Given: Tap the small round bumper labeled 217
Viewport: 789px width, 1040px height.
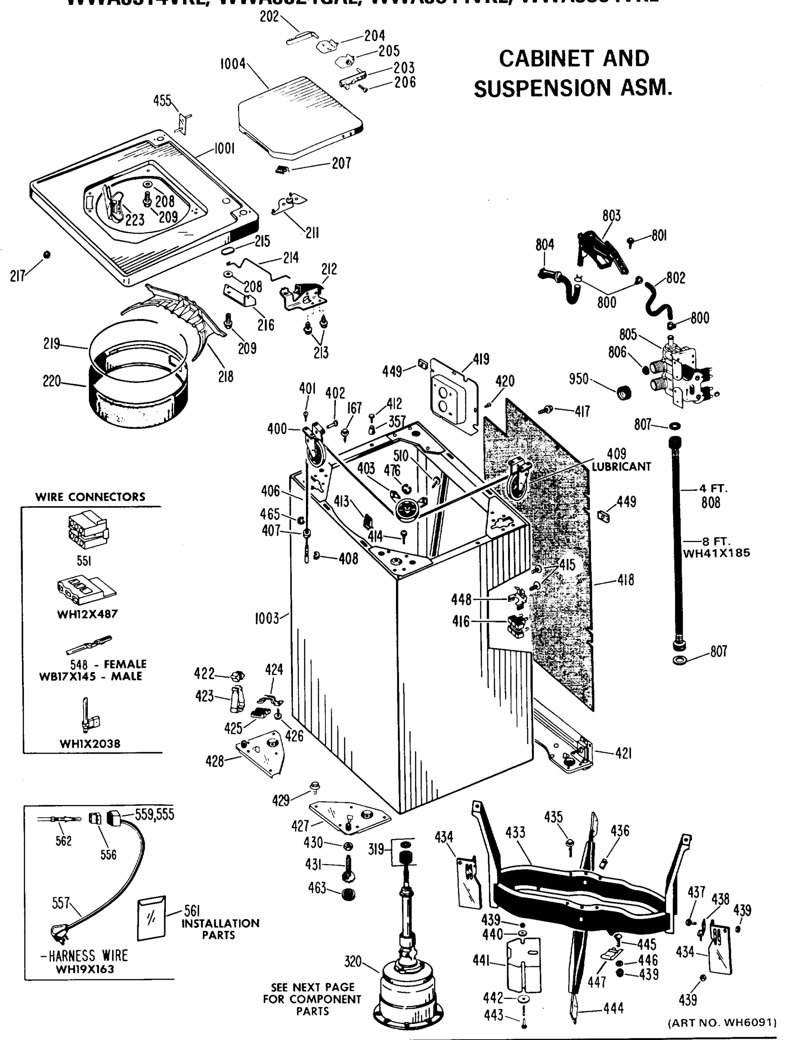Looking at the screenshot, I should click(x=46, y=254).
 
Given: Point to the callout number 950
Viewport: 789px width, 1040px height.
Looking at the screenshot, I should click(x=578, y=378).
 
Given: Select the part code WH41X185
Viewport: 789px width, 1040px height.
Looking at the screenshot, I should click(x=716, y=553).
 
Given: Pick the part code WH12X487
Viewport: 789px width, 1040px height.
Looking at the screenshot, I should click(x=88, y=614).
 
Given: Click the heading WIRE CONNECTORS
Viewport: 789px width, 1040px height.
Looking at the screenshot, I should click(x=90, y=497).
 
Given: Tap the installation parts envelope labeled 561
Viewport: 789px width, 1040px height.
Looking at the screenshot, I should click(x=151, y=917).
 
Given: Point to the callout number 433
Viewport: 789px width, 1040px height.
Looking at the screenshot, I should click(x=515, y=833).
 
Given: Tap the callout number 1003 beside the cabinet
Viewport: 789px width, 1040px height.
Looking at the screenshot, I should click(x=266, y=618).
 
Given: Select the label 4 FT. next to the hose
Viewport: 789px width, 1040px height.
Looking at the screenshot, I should click(x=713, y=488).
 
